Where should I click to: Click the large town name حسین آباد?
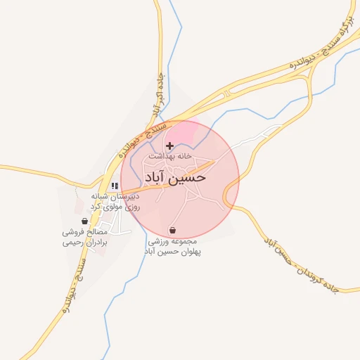click(x=175, y=177)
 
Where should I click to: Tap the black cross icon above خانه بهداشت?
click(x=169, y=146)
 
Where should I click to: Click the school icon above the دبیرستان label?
click(x=114, y=186)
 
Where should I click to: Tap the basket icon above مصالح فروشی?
click(x=85, y=220)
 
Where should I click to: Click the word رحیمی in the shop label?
click(x=72, y=242)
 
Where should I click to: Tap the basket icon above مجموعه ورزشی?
click(x=172, y=230)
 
